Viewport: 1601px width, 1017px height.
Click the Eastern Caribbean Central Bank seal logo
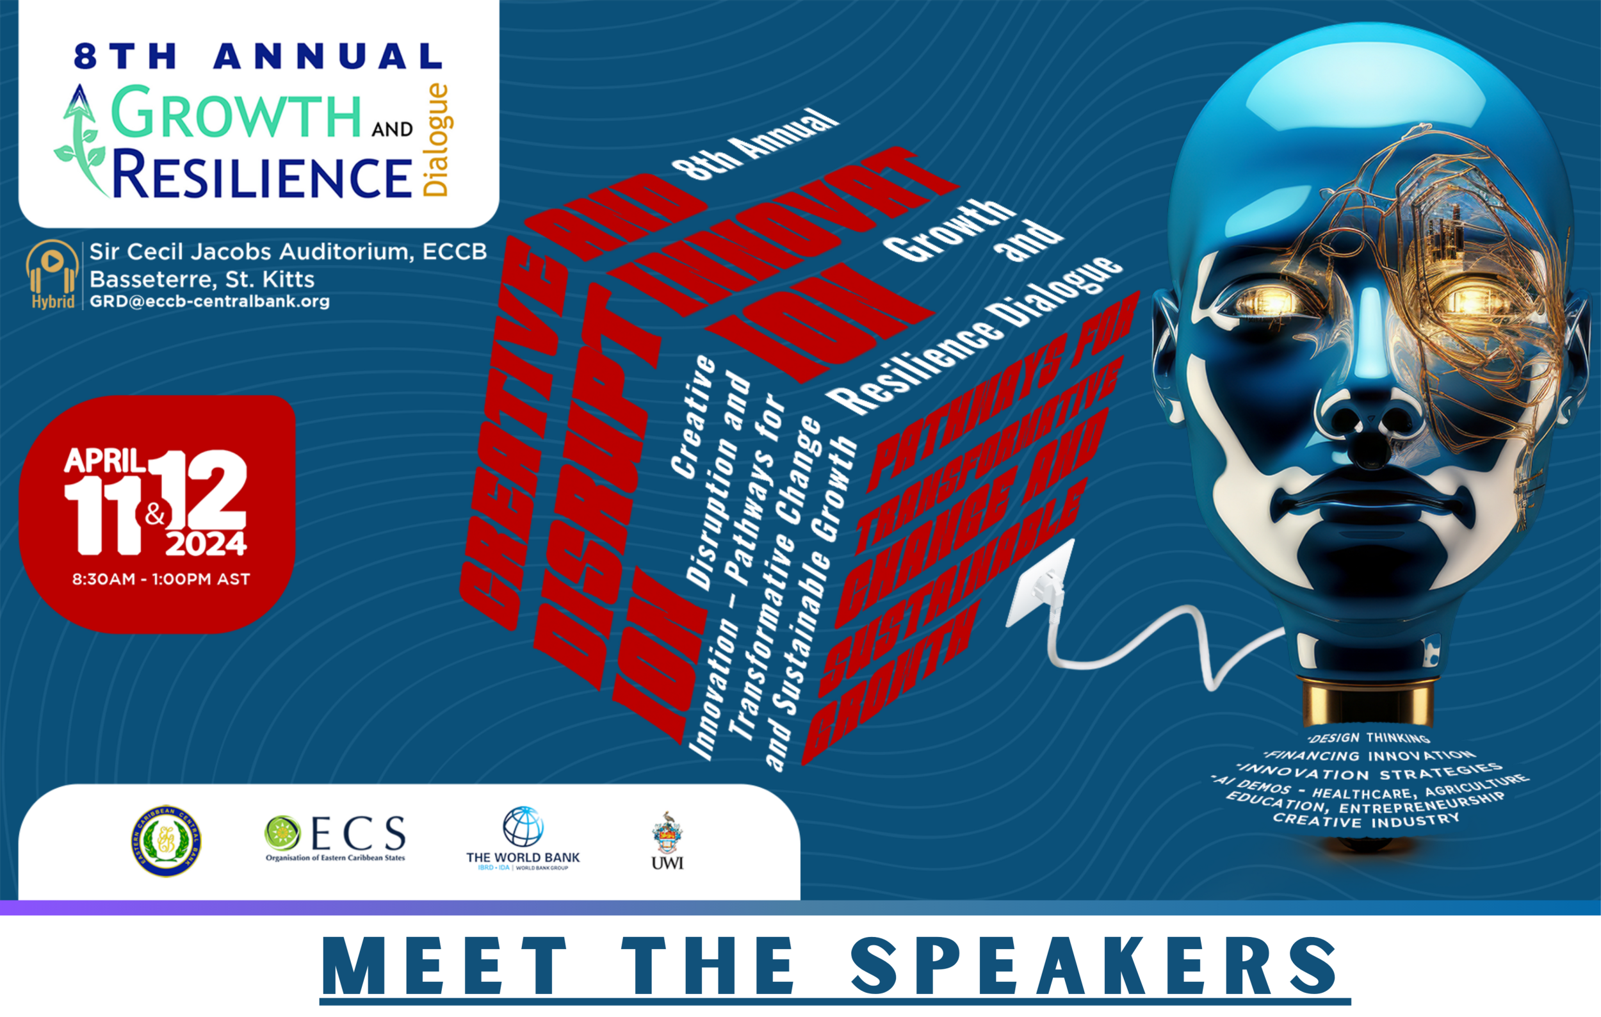pos(167,842)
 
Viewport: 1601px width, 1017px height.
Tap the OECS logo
pos(335,838)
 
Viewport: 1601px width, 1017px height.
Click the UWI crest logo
pos(667,840)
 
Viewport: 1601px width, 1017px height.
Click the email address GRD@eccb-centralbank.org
pos(209,301)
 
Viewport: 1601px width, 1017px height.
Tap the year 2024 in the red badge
pos(206,544)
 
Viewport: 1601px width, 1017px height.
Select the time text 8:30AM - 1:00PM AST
pos(161,579)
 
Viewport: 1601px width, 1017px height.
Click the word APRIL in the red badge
pos(104,460)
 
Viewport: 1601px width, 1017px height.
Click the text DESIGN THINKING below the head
pos(1369,738)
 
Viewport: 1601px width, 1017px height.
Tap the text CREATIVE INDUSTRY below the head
pos(1367,821)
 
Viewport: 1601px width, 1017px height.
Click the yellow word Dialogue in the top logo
pos(437,140)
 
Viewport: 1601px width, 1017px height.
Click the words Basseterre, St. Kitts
pos(202,279)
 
